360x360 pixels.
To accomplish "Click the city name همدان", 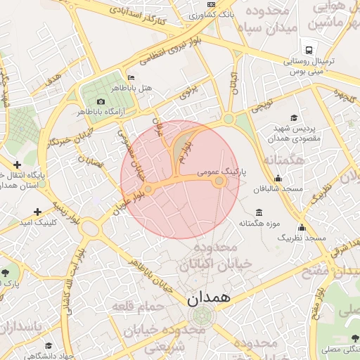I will click(x=209, y=298).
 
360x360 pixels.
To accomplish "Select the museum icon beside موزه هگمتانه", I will click(x=259, y=212).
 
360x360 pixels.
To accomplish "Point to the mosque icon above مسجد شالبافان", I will click(x=278, y=178).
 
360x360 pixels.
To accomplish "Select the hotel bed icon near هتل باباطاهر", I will click(x=131, y=77).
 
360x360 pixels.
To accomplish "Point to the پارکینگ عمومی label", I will click(x=218, y=171).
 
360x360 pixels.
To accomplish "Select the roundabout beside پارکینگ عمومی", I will click(x=220, y=181).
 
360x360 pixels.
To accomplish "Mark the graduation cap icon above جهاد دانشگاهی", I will click(x=49, y=345).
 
